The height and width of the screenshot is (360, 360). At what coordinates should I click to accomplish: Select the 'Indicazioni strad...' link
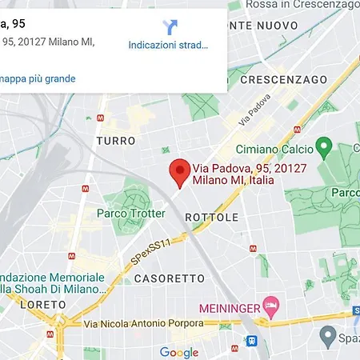168,45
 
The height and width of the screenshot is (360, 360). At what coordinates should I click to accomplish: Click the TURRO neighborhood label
115,141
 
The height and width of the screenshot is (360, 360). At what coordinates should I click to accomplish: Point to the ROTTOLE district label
211,217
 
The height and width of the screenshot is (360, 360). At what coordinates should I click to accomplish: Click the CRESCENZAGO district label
283,80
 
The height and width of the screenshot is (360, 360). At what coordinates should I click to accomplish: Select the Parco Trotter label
130,213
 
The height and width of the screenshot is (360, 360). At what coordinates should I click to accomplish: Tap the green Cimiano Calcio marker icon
324,148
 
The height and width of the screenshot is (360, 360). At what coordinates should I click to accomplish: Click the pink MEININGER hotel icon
271,305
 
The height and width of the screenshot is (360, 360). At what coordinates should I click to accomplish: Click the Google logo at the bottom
178,352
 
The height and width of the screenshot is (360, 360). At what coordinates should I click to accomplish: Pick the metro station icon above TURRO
98,118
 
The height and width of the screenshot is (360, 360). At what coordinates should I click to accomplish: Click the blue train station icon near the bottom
253,339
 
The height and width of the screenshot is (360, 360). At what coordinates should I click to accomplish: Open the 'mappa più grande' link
38,78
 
